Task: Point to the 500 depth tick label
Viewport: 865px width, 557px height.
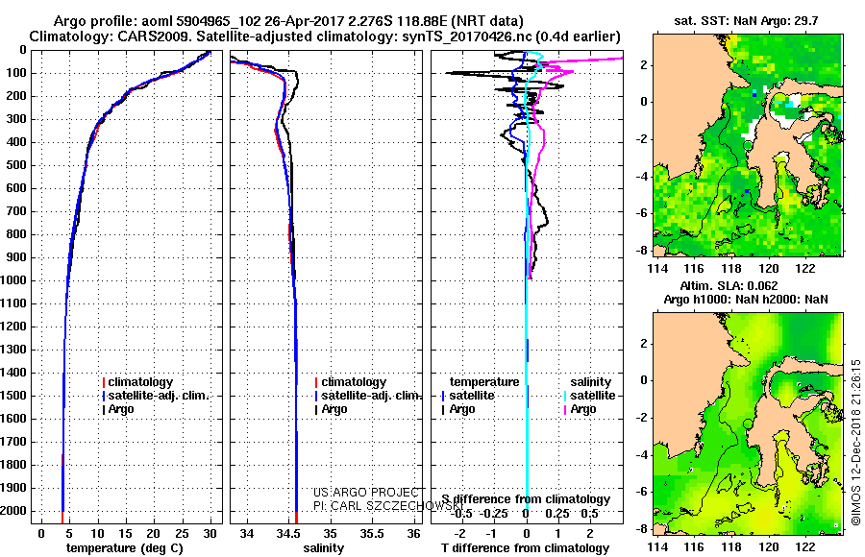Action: [x=15, y=165]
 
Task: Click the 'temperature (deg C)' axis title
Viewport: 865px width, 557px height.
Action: [x=119, y=547]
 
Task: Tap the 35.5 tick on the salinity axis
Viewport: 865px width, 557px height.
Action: [x=371, y=533]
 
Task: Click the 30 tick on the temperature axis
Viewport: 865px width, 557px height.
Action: [x=210, y=533]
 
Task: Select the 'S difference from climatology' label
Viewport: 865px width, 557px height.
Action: [x=526, y=499]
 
